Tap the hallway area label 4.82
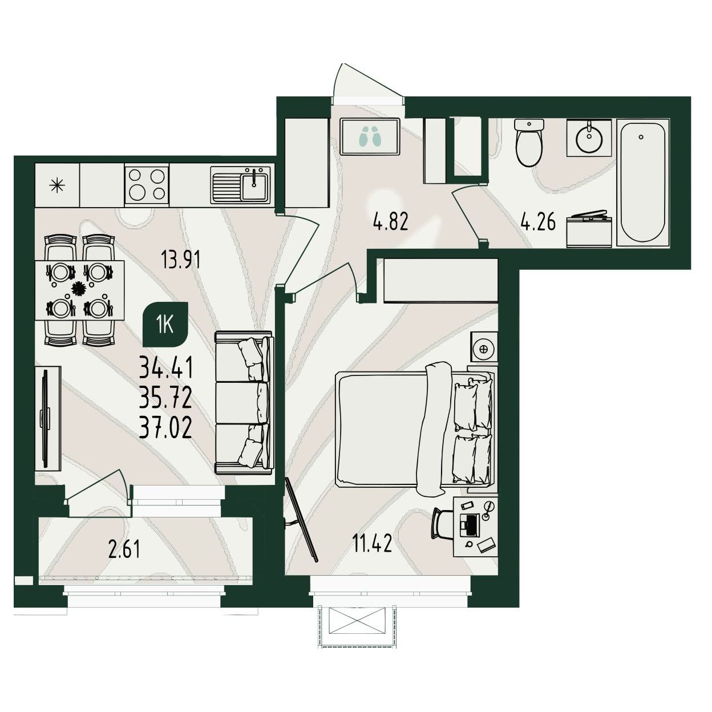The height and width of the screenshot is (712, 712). click(391, 222)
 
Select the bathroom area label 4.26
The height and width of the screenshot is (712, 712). click(538, 222)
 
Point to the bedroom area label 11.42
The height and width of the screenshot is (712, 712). click(372, 543)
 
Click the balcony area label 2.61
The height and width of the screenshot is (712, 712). click(124, 549)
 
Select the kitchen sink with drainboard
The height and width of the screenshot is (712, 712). click(240, 184)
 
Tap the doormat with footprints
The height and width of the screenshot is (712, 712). click(370, 137)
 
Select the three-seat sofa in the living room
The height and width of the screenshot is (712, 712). click(244, 403)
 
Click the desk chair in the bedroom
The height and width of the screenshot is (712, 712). click(443, 524)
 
